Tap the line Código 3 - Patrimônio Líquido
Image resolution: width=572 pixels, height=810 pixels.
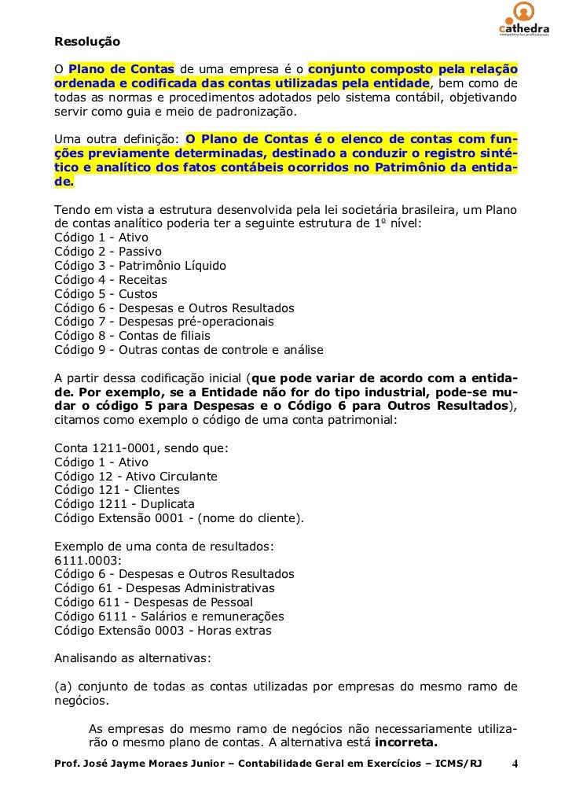tap(140, 266)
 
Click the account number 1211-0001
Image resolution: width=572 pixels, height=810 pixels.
tap(121, 448)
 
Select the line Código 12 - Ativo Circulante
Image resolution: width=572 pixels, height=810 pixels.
tap(136, 477)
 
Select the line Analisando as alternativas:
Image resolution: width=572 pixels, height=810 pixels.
tap(132, 659)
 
